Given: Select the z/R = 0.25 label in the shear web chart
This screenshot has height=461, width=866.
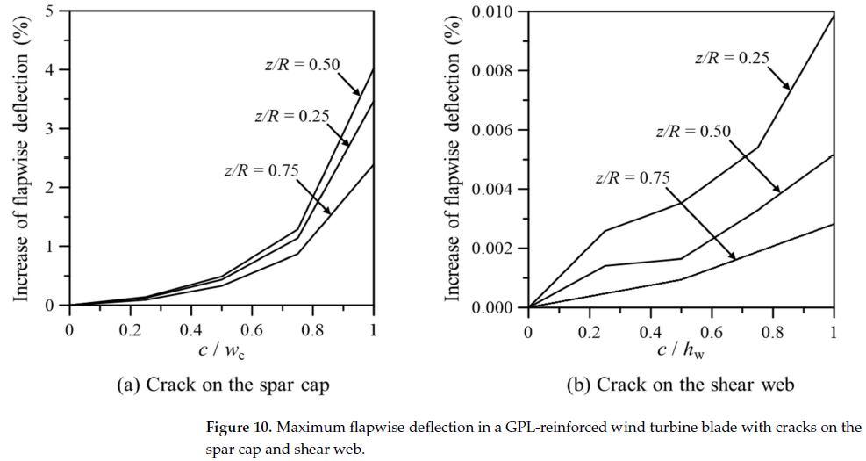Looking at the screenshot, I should click(732, 58).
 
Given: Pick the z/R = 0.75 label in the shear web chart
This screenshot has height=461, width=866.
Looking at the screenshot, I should click(633, 177).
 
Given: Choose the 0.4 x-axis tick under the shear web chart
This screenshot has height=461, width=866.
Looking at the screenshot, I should click(650, 332).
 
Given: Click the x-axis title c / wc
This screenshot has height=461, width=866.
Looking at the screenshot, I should click(221, 353).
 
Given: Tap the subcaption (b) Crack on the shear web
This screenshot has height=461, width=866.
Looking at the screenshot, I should click(681, 385).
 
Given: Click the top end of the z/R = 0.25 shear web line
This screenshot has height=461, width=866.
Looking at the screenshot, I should click(833, 15).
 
